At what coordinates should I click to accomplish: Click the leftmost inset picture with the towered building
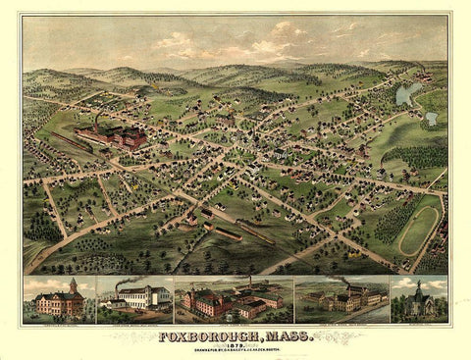59,298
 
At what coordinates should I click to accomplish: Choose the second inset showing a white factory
134,298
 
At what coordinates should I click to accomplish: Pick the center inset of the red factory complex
234,298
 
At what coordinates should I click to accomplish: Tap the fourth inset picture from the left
340,298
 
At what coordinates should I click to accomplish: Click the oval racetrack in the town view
419,225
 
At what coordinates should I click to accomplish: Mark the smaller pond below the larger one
431,119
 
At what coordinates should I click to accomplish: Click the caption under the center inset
234,322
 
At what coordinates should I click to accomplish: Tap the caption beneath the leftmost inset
59,322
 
